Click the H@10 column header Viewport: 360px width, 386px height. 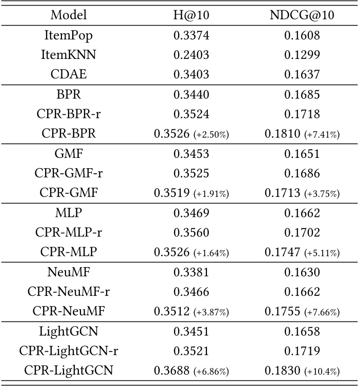pos(191,15)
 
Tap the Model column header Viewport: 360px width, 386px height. pos(69,15)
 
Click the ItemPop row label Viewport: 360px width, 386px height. pos(69,35)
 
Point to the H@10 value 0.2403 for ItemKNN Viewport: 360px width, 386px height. pos(191,55)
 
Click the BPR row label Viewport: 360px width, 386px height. pos(69,95)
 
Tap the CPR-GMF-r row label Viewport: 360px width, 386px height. pos(69,174)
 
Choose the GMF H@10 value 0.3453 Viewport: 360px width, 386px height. pos(191,154)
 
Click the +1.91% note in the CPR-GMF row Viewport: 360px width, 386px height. pos(210,194)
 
